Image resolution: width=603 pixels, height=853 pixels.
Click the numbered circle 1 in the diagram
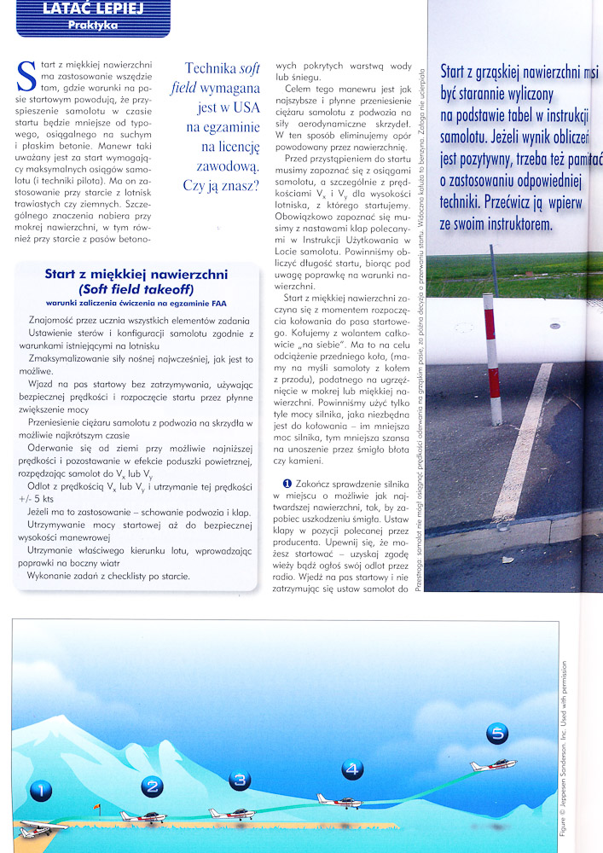40,791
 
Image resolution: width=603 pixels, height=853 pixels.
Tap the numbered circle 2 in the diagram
152,786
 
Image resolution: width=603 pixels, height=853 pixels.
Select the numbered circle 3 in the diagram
240,780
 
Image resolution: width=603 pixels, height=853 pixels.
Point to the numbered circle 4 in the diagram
352,769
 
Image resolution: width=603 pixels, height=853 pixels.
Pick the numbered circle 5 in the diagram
497,733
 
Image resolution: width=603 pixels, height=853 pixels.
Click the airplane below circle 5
494,765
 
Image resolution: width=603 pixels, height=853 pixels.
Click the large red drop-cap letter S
26,79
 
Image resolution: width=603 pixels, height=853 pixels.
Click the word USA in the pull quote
246,107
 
